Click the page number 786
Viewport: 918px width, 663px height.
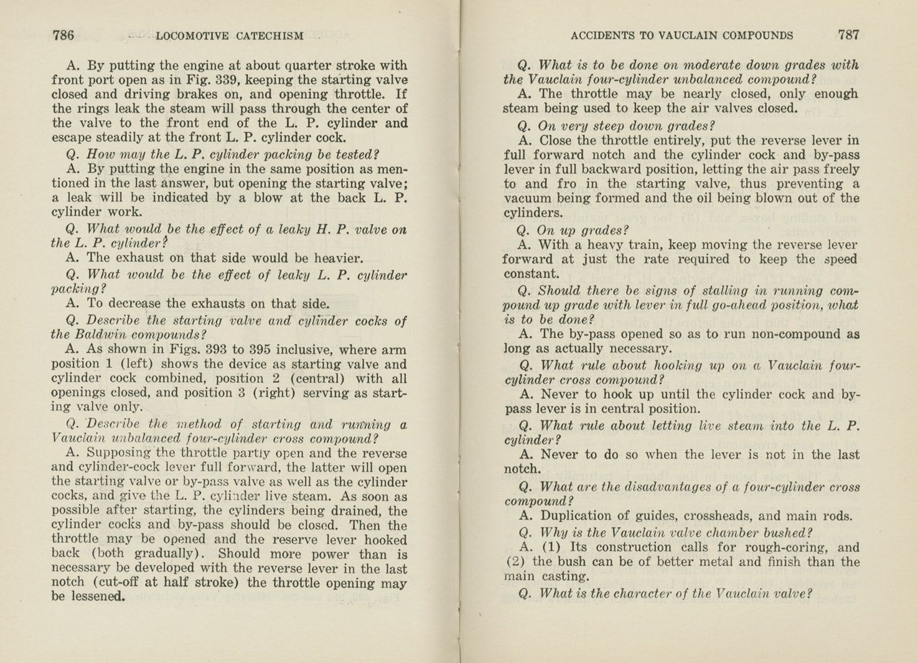click(63, 35)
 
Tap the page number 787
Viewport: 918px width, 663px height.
click(848, 35)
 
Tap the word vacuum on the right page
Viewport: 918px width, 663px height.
click(527, 199)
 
